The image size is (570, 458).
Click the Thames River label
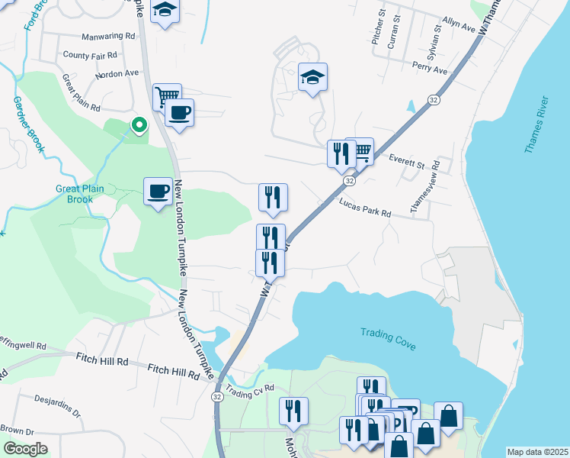(536, 125)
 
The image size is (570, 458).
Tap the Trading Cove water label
(389, 338)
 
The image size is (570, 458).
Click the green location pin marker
(139, 124)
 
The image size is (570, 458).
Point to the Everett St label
(406, 163)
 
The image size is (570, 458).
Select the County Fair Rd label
(90, 55)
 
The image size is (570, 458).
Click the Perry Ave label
(430, 69)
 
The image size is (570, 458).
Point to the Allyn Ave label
(459, 28)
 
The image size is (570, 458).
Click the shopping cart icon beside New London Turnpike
(167, 96)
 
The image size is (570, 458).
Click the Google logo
(25, 449)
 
